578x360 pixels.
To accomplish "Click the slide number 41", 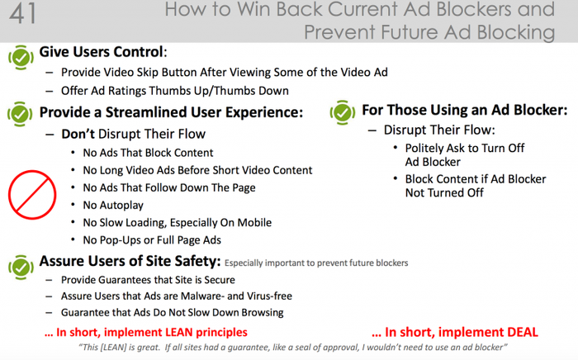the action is [x=23, y=14].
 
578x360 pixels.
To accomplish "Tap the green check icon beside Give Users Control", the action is [x=21, y=57].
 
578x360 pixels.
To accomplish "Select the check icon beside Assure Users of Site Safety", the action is [x=21, y=267].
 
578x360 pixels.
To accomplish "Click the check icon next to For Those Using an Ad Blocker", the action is [x=343, y=112].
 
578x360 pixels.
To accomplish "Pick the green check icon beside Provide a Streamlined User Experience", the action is [x=21, y=114].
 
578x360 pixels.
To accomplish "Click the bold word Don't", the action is [x=78, y=134].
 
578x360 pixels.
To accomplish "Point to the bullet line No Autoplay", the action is [x=113, y=206].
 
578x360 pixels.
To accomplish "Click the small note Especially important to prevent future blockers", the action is [x=316, y=263].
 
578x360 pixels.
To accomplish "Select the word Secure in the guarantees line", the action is [x=220, y=280].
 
